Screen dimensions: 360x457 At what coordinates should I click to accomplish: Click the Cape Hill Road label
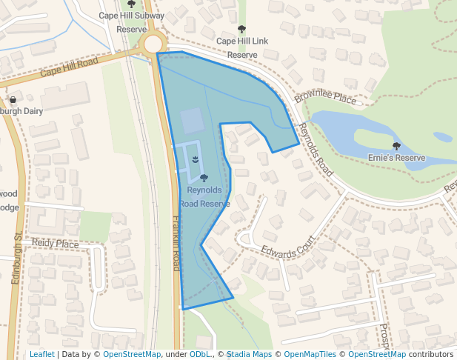69,68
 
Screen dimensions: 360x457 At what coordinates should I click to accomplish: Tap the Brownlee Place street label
325,98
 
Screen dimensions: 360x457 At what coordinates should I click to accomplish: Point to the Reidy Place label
55,244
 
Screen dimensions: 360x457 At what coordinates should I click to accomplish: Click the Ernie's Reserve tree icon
396,147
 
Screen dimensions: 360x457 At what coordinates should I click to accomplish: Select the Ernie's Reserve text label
396,158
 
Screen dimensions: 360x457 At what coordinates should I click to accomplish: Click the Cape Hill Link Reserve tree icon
241,30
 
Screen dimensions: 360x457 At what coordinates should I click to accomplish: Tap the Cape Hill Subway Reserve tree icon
131,4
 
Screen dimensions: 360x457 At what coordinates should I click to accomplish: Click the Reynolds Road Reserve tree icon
204,178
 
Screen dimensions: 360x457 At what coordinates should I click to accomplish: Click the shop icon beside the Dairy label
13,100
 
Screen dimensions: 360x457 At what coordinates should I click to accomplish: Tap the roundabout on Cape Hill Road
153,44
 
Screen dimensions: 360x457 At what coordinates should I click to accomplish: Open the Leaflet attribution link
41,354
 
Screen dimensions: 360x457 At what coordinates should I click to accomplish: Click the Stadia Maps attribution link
249,354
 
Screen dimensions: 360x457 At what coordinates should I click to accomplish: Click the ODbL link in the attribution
200,354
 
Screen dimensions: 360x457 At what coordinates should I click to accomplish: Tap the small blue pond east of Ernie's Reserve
442,137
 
